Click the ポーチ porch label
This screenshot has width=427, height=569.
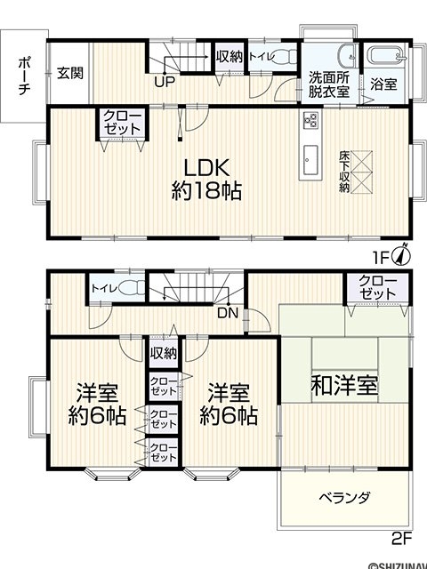pyautogui.click(x=23, y=76)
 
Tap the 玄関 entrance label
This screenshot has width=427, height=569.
pyautogui.click(x=70, y=73)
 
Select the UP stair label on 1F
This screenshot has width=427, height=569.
pyautogui.click(x=165, y=82)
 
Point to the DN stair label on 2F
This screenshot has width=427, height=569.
pyautogui.click(x=228, y=313)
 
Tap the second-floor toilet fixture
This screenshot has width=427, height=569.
pyautogui.click(x=132, y=289)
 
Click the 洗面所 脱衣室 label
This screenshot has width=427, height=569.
pyautogui.click(x=329, y=84)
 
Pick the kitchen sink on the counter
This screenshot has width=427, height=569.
pyautogui.click(x=310, y=160)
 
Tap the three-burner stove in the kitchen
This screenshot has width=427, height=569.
pyautogui.click(x=310, y=120)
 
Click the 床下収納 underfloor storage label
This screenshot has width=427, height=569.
pyautogui.click(x=344, y=172)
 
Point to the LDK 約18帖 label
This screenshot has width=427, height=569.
pyautogui.click(x=206, y=179)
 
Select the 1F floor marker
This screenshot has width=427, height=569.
pyautogui.click(x=382, y=258)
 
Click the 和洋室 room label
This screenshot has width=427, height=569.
pyautogui.click(x=345, y=385)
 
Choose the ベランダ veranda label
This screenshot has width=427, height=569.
pyautogui.click(x=345, y=497)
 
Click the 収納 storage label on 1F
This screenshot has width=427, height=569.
pyautogui.click(x=230, y=56)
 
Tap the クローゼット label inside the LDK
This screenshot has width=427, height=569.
pyautogui.click(x=122, y=123)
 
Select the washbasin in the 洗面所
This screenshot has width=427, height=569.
pyautogui.click(x=348, y=54)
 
